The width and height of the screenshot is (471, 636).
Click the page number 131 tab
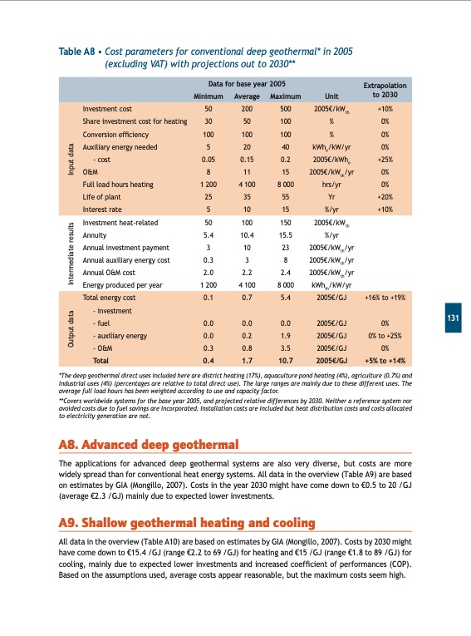[453, 318]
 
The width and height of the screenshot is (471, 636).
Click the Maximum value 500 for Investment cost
[286, 109]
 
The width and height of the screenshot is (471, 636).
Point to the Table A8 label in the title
[78, 51]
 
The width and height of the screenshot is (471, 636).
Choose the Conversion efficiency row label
[115, 134]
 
